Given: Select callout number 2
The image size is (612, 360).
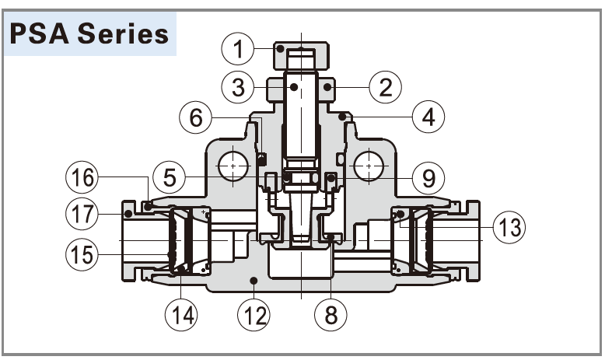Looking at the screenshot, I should point(385,86).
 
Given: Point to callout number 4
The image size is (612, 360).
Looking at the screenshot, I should point(428,117).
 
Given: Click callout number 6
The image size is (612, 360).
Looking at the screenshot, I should point(196,117).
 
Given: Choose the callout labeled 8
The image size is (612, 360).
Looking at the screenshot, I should point(331,314).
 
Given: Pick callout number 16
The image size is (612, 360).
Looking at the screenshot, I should point(82,178).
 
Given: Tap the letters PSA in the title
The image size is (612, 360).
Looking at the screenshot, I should point(44,34).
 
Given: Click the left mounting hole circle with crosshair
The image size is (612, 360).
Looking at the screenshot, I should point(234,166).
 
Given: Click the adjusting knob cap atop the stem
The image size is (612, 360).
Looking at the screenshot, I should point(301,57).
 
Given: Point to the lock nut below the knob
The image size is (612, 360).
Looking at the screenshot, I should point(301,89).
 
